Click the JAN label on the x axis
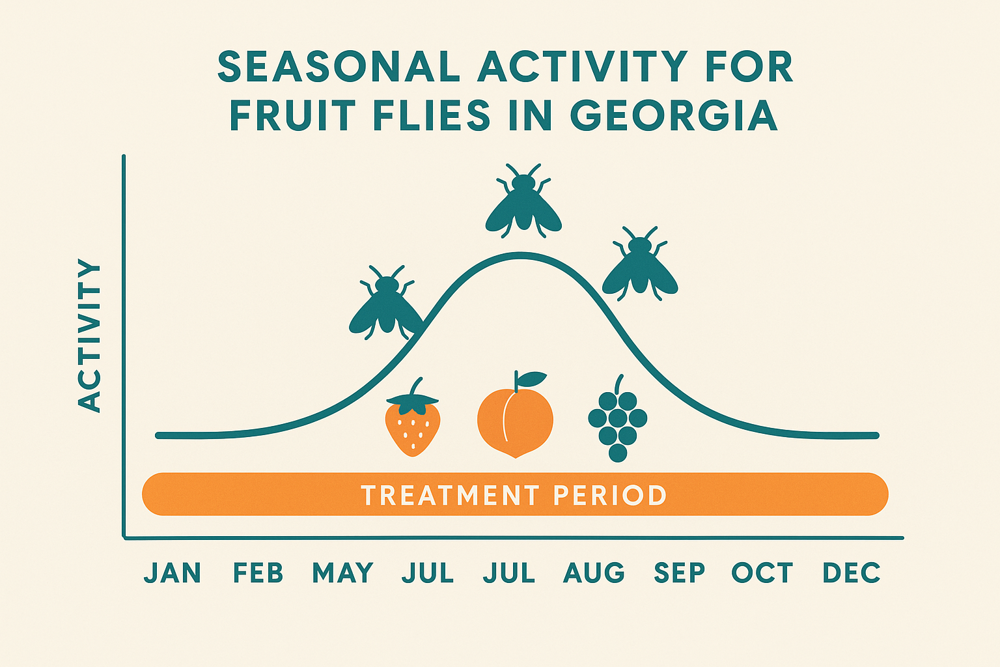pyautogui.click(x=173, y=573)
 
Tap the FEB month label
pyautogui.click(x=258, y=573)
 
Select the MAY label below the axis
pyautogui.click(x=342, y=573)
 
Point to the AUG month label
pyautogui.click(x=594, y=573)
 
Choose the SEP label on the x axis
pyautogui.click(x=679, y=573)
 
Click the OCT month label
pyautogui.click(x=762, y=573)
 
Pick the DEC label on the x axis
pyautogui.click(x=852, y=573)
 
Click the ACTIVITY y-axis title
pyautogui.click(x=90, y=335)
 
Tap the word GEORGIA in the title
pyautogui.click(x=674, y=116)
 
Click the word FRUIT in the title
pyautogui.click(x=292, y=116)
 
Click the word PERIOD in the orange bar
pyautogui.click(x=610, y=496)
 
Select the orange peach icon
pyautogui.click(x=514, y=420)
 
